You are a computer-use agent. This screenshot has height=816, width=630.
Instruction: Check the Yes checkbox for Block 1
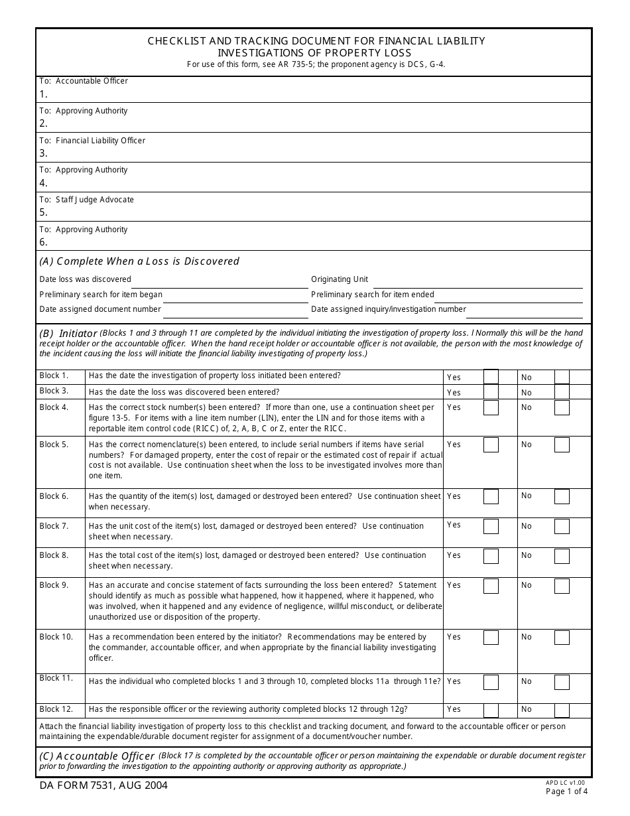pyautogui.click(x=491, y=377)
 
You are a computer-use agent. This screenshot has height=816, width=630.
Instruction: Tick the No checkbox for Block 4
pyautogui.click(x=562, y=407)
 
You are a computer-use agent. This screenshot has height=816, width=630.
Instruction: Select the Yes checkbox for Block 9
pyautogui.click(x=491, y=586)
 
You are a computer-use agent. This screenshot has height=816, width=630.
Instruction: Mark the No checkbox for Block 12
pyautogui.click(x=562, y=710)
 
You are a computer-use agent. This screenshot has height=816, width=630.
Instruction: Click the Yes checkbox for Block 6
pyautogui.click(x=491, y=496)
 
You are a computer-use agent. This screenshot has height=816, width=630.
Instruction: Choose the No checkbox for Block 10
pyautogui.click(x=562, y=638)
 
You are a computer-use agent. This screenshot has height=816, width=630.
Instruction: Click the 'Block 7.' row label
pyautogui.click(x=54, y=526)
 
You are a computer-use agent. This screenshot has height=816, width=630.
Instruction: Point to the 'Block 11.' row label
pyautogui.click(x=56, y=678)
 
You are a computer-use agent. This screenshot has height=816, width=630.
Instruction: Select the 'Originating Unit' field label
pyautogui.click(x=340, y=279)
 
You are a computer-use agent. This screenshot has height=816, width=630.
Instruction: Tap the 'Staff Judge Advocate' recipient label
pyautogui.click(x=94, y=200)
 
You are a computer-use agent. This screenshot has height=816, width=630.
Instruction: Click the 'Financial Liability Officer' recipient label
pyautogui.click(x=100, y=141)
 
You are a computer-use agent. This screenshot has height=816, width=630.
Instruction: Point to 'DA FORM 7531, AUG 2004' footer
pyautogui.click(x=103, y=785)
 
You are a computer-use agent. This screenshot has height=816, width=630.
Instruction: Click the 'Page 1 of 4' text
pyautogui.click(x=566, y=791)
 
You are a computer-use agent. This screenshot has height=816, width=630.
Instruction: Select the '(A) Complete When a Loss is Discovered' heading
pyautogui.click(x=139, y=261)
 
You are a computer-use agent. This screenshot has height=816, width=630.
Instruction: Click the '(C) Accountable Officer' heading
pyautogui.click(x=97, y=756)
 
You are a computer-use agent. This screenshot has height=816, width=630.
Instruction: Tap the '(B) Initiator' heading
pyautogui.click(x=68, y=333)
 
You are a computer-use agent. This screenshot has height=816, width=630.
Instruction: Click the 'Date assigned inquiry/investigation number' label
pyautogui.click(x=389, y=309)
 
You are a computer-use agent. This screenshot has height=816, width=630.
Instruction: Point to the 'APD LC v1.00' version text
pyautogui.click(x=565, y=783)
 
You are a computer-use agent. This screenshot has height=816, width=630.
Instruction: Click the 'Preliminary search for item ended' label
pyautogui.click(x=373, y=295)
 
